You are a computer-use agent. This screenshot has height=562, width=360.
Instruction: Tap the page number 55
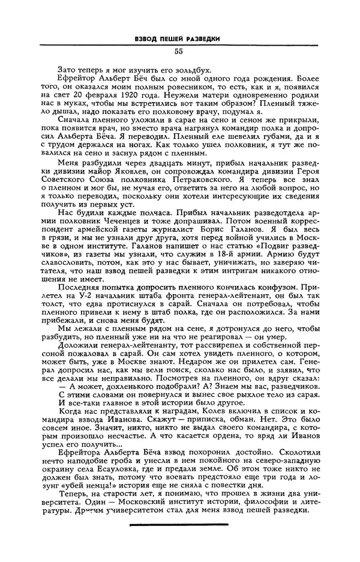pyautogui.click(x=179, y=52)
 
